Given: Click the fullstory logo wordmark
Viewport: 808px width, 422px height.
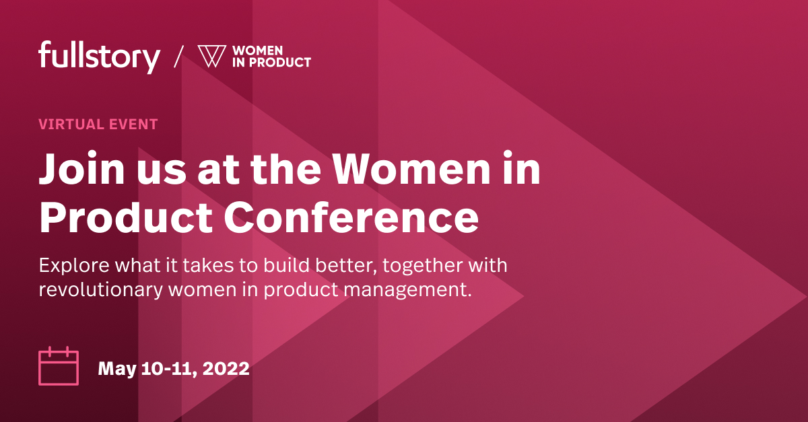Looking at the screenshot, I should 99,57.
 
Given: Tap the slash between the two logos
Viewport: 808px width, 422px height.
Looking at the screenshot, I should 178,57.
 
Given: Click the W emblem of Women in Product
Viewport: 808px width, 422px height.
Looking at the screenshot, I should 211,57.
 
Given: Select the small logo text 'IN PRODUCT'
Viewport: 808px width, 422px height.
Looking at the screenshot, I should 271,63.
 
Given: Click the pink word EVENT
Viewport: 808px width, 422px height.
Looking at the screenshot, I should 133,125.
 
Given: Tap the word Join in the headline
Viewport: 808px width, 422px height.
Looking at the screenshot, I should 75,170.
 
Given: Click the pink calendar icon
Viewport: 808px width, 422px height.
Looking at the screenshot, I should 59,367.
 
